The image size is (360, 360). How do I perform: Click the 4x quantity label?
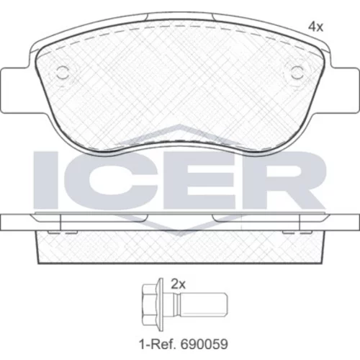316,27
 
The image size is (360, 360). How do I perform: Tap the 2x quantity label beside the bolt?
178,284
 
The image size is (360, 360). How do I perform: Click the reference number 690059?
204,344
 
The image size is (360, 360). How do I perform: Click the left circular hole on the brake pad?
63,73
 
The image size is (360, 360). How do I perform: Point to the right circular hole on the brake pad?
297,73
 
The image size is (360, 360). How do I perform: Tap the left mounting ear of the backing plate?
15,90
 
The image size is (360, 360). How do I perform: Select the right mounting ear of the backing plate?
346,90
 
